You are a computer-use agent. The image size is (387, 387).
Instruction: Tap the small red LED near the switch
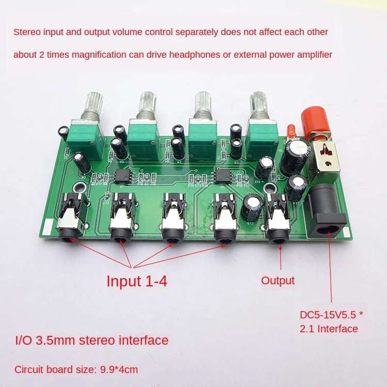(289, 131)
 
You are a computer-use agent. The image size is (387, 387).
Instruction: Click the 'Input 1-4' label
(137, 281)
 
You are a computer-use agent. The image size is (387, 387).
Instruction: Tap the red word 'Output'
(278, 281)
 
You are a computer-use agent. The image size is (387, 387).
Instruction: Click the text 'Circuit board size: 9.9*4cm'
(76, 369)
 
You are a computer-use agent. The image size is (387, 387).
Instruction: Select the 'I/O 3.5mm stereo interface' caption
(91, 341)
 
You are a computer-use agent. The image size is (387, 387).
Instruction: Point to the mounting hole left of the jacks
(79, 188)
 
